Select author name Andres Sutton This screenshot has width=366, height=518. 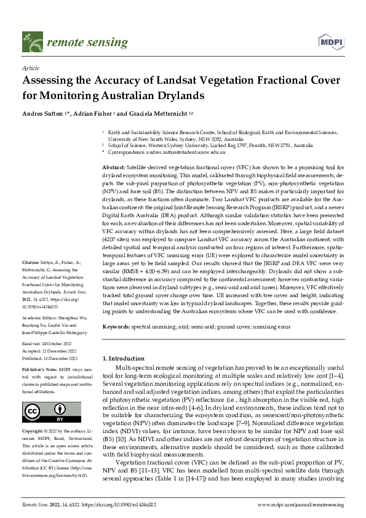point(42,114)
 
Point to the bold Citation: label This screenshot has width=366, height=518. point(31,279)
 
